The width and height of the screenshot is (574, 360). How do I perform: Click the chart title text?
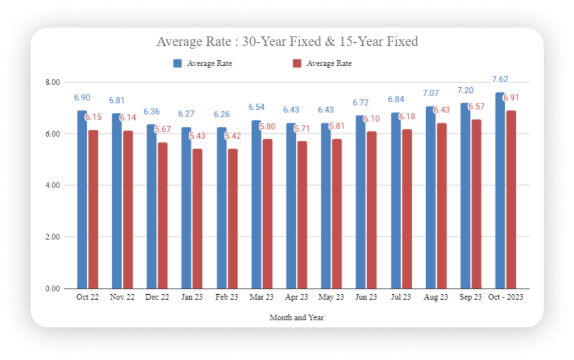pyautogui.click(x=287, y=42)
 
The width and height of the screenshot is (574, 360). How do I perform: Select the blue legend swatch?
pyautogui.click(x=177, y=63)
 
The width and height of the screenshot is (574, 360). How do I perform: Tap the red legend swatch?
pyautogui.click(x=297, y=63)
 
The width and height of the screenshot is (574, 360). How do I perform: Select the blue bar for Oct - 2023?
pyautogui.click(x=500, y=191)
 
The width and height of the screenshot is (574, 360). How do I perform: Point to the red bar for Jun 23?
pyautogui.click(x=372, y=209)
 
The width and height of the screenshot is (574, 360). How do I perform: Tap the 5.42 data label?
pyautogui.click(x=232, y=136)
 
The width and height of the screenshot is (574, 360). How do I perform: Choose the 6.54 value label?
pyautogui.click(x=256, y=107)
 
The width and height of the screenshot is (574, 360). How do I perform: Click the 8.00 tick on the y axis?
pyautogui.click(x=53, y=83)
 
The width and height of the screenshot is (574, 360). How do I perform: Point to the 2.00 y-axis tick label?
pyautogui.click(x=53, y=237)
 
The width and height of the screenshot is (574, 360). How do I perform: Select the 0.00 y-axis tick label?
pyautogui.click(x=53, y=289)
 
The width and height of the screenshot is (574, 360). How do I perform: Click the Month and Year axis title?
pyautogui.click(x=296, y=317)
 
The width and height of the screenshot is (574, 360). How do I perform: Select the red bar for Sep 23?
pyautogui.click(x=476, y=204)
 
